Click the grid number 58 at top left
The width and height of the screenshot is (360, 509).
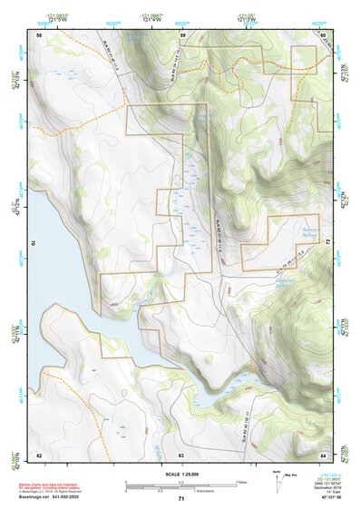click(39, 35)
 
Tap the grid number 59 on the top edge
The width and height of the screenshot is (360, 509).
click(182, 35)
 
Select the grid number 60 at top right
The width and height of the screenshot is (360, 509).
click(323, 35)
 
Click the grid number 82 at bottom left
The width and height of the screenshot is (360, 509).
click(39, 454)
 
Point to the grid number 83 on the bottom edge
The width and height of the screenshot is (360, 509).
click(181, 454)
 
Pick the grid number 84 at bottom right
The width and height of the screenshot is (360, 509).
click(323, 454)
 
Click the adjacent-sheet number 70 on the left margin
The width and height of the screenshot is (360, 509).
click(34, 243)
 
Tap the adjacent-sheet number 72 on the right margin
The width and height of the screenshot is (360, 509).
click(328, 243)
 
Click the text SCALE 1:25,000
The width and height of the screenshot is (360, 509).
click(181, 475)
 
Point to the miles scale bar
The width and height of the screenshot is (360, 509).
click(181, 482)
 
